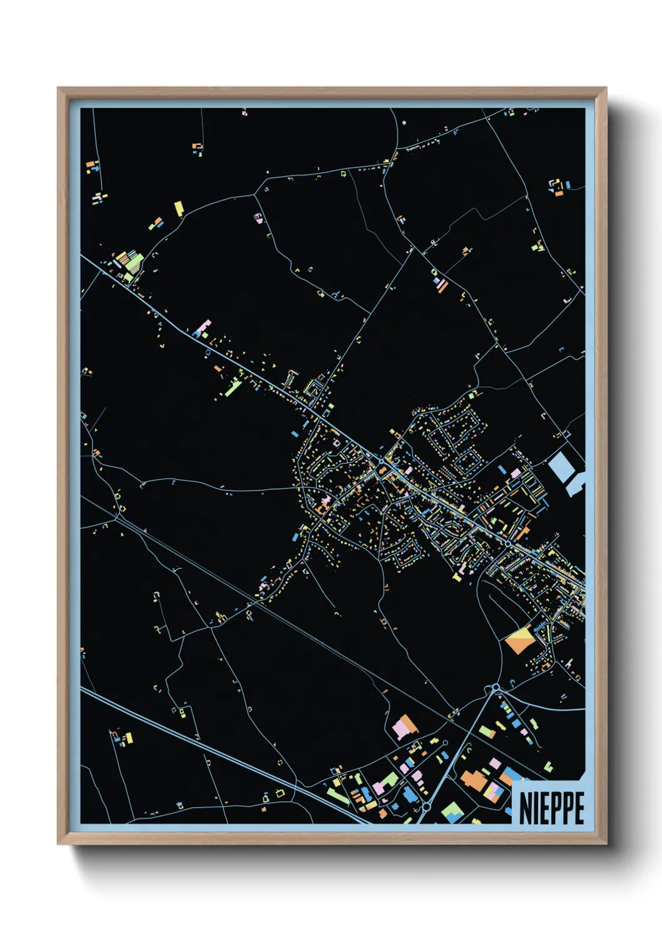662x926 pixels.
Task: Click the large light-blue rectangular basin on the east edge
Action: (561, 467)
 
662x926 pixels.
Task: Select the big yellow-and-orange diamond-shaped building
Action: (518, 641)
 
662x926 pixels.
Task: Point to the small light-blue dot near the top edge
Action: (404, 123)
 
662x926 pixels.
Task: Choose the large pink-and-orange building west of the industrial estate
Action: (405, 728)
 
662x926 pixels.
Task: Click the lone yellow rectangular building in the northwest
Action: (179, 208)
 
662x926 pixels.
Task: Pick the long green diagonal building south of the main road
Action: (233, 388)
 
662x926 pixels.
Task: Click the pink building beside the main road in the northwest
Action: (204, 327)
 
